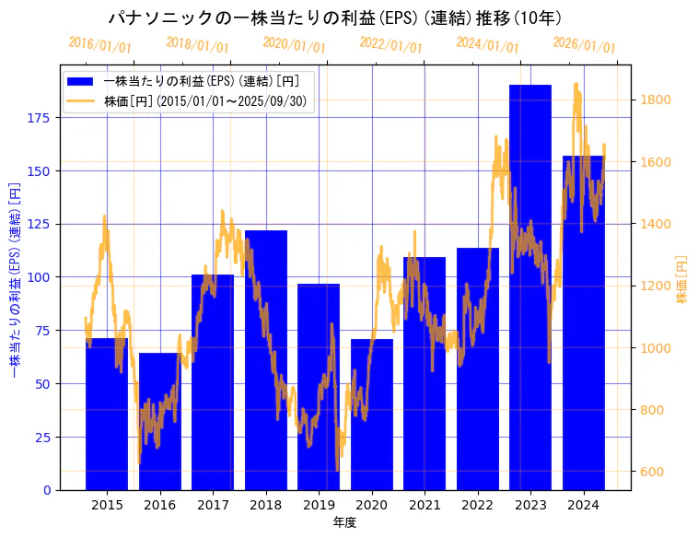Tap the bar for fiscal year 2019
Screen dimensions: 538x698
[319, 387]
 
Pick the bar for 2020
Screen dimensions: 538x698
[372, 415]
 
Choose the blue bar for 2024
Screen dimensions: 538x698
[584, 322]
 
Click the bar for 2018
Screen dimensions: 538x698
[266, 359]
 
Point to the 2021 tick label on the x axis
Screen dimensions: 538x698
[425, 505]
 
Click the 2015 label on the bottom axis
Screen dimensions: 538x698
[107, 505]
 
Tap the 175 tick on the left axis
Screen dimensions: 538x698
[41, 118]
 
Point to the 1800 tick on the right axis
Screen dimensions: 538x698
[656, 99]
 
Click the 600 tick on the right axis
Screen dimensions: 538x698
[653, 472]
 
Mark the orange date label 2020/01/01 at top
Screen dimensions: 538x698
[294, 45]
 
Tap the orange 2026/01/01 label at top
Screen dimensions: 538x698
[584, 45]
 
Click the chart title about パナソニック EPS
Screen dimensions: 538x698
[334, 18]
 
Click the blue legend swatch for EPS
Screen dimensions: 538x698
[81, 81]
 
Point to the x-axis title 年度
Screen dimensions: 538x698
[344, 522]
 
